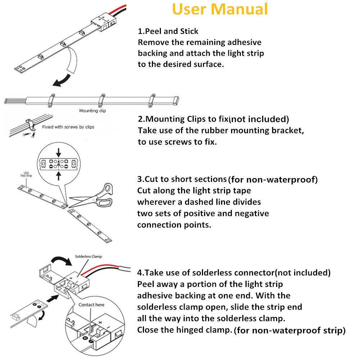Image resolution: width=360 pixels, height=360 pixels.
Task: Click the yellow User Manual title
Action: tap(220, 9)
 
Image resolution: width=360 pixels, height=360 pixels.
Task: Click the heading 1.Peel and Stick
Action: tap(168, 31)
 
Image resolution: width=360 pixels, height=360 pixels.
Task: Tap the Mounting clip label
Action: tap(93, 111)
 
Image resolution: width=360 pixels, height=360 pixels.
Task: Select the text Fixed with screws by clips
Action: tap(68, 127)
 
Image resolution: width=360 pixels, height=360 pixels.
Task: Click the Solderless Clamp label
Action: tap(88, 257)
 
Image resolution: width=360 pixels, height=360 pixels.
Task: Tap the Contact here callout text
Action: tap(91, 305)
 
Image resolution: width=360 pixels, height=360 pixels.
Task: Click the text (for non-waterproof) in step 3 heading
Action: tap(273, 179)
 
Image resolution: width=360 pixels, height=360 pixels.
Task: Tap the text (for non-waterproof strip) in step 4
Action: tap(289, 330)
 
